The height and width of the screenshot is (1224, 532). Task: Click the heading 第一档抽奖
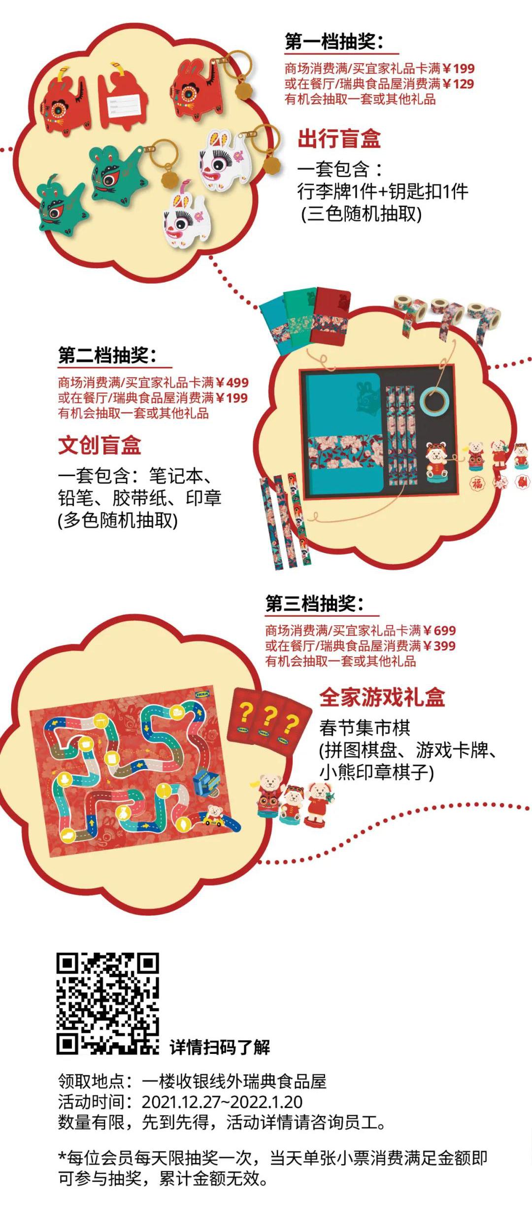[333, 42]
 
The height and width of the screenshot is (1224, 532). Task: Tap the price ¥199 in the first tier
[459, 69]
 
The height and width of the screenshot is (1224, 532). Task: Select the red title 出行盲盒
[339, 139]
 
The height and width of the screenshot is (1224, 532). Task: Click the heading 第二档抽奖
[107, 355]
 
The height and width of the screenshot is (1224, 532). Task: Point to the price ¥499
[233, 383]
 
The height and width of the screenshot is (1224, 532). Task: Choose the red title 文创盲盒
[100, 445]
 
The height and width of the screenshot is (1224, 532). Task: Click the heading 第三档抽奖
[314, 603]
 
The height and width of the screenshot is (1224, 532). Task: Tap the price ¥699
[440, 630]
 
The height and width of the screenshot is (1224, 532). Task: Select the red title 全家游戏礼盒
[382, 698]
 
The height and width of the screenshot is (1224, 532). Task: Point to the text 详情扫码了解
[220, 1047]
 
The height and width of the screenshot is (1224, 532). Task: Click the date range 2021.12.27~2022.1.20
[222, 1102]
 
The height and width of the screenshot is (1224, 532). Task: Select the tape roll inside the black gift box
[434, 400]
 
